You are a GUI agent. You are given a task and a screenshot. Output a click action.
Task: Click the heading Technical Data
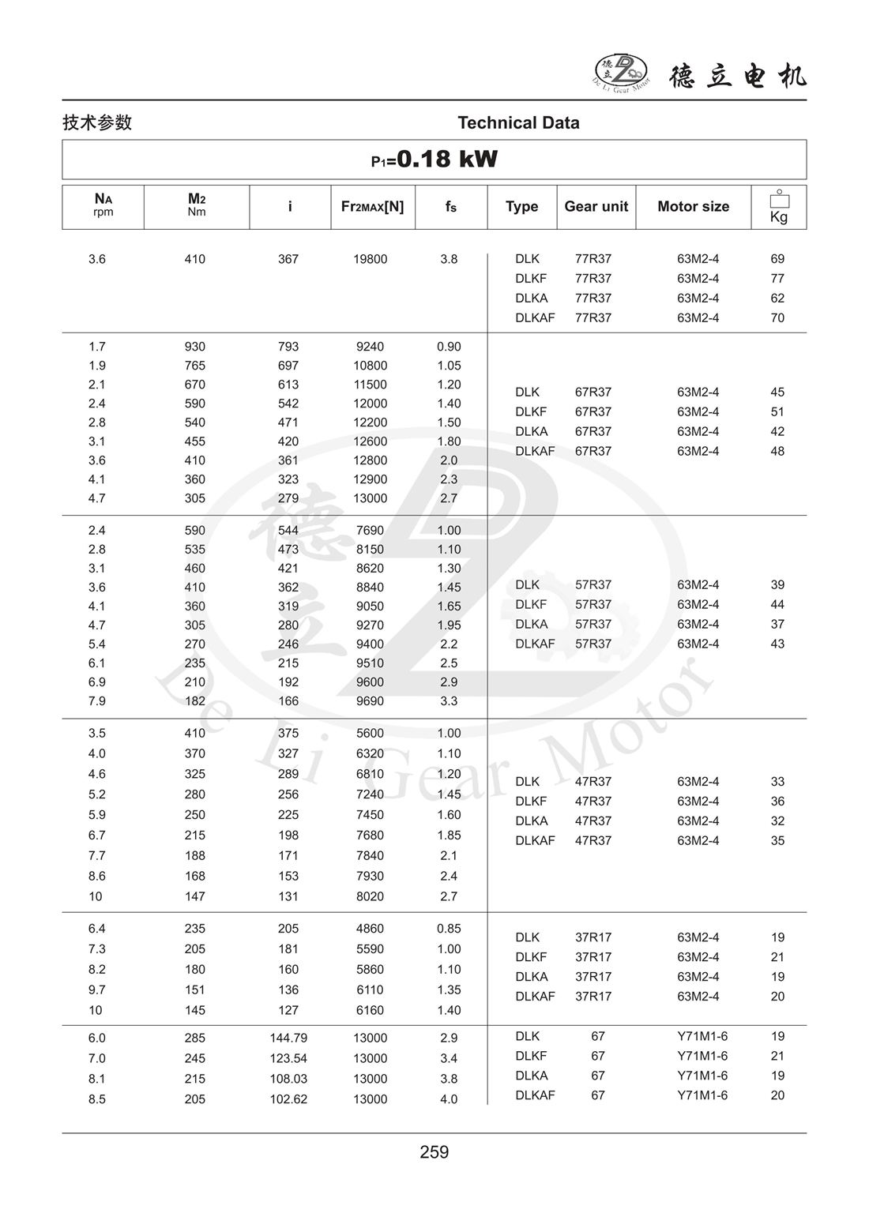pyautogui.click(x=518, y=123)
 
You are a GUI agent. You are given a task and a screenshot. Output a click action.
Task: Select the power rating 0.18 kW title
pyautogui.click(x=434, y=160)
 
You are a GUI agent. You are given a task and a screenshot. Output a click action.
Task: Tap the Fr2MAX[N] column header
pyautogui.click(x=372, y=207)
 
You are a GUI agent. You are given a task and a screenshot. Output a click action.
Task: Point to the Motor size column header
pyautogui.click(x=693, y=207)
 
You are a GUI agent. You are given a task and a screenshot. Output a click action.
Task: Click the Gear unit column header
pyautogui.click(x=596, y=207)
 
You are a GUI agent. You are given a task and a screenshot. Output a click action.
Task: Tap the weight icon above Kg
pyautogui.click(x=779, y=199)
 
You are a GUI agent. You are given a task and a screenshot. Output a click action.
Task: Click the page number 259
pyautogui.click(x=434, y=1152)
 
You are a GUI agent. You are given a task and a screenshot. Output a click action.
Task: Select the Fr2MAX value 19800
pyautogui.click(x=370, y=259)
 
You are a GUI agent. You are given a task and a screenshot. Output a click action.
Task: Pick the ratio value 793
pyautogui.click(x=288, y=347)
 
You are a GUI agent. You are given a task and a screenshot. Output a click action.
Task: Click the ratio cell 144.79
pyautogui.click(x=288, y=1038)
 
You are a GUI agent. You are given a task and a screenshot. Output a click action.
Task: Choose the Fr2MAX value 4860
pyautogui.click(x=370, y=929)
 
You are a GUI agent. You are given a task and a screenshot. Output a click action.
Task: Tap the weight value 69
pyautogui.click(x=777, y=259)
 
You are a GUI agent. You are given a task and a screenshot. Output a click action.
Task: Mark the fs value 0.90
pyautogui.click(x=449, y=347)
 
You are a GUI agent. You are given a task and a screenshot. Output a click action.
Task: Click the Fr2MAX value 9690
pyautogui.click(x=370, y=701)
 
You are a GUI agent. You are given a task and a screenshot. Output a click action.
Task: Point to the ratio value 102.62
pyautogui.click(x=288, y=1099)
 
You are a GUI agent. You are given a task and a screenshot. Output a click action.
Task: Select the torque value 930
pyautogui.click(x=194, y=347)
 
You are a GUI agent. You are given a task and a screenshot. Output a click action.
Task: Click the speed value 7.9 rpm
pyautogui.click(x=97, y=701)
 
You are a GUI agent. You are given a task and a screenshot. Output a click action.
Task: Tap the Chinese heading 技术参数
pyautogui.click(x=97, y=123)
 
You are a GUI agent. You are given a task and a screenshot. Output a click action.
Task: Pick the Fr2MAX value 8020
pyautogui.click(x=370, y=896)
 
